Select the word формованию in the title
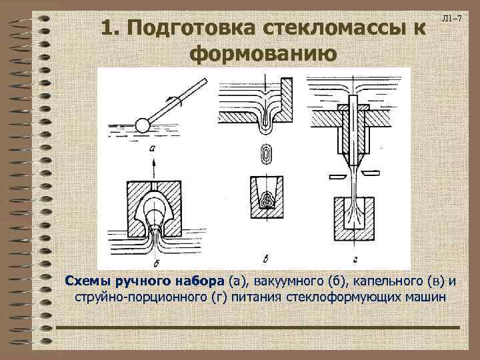[x=259, y=53]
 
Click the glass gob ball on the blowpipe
[x=142, y=125]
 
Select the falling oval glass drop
[x=267, y=155]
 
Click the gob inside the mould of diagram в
[x=267, y=198]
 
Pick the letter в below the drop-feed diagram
[x=266, y=257]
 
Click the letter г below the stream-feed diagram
[x=355, y=257]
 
